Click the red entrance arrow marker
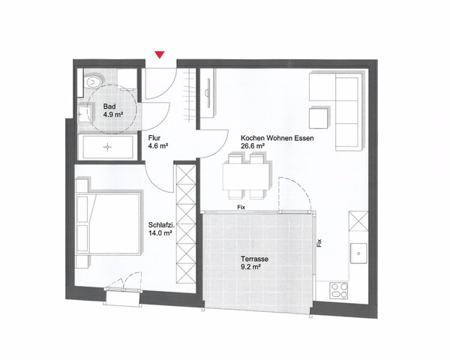coord(159,55)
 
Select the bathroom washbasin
coord(82,115)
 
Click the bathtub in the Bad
coord(108,148)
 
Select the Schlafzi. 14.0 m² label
coord(160,228)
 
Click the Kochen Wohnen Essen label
coord(277,142)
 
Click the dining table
coord(246,175)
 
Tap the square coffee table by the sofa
coord(318,118)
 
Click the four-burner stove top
coord(337,289)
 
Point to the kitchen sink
coord(357,253)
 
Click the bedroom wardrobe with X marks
coord(185,225)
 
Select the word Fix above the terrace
coord(241,206)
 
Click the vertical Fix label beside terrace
coord(319,242)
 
